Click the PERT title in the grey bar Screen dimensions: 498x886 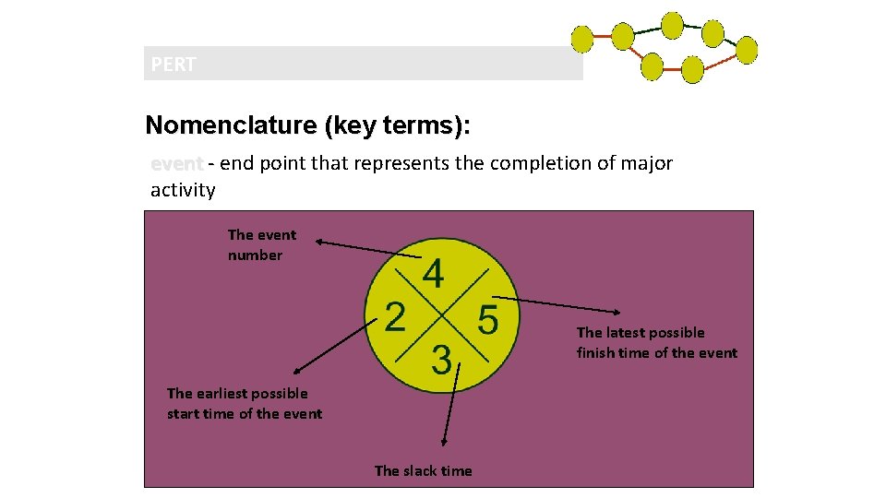[x=174, y=65]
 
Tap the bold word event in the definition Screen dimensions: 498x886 [x=176, y=164]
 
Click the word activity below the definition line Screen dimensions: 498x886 [x=183, y=190]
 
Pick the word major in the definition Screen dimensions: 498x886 [x=646, y=163]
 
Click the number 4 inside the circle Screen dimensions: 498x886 [x=433, y=273]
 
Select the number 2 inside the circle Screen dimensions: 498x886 [x=394, y=317]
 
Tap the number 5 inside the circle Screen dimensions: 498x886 [x=487, y=319]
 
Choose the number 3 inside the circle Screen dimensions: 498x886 [x=442, y=360]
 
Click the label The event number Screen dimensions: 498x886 [x=261, y=244]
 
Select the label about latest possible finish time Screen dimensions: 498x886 [x=656, y=342]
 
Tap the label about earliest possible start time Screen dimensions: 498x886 [x=244, y=403]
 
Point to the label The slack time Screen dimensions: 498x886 [x=423, y=470]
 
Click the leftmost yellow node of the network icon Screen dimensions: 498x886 [x=581, y=39]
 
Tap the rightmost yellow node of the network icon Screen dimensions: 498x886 [x=746, y=50]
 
